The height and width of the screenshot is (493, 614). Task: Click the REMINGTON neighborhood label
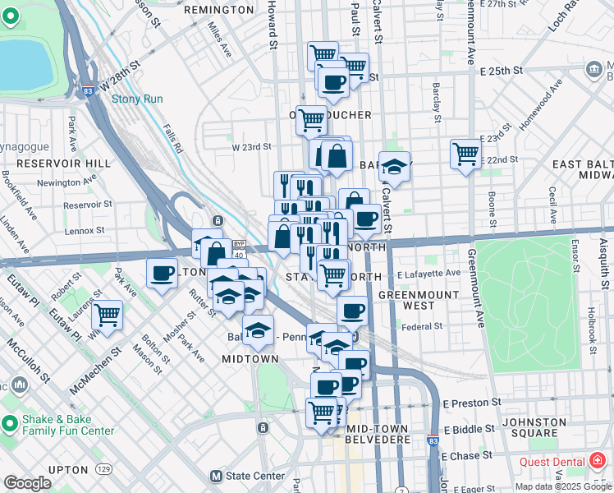tap(219, 10)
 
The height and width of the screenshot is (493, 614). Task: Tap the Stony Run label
tap(137, 99)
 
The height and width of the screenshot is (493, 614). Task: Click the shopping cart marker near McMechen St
tap(107, 315)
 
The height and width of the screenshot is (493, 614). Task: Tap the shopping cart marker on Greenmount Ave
tap(465, 154)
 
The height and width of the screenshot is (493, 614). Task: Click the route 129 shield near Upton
tap(103, 468)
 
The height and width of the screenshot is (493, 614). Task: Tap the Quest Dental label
tap(554, 462)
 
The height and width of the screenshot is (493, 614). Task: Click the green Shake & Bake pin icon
tap(10, 424)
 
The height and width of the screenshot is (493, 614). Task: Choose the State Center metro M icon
tap(217, 476)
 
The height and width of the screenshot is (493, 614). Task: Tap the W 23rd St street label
tap(251, 147)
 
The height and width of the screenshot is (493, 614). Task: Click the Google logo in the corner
tap(27, 483)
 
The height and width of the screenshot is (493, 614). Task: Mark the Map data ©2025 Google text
tap(562, 486)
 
